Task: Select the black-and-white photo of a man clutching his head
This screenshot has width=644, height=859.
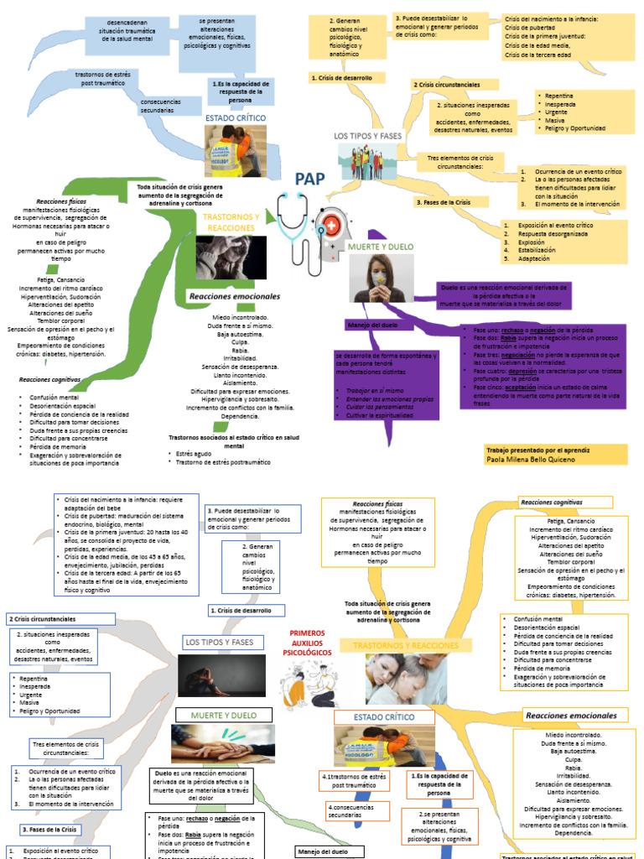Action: click(x=231, y=258)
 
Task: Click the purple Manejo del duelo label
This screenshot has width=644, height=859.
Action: click(x=371, y=325)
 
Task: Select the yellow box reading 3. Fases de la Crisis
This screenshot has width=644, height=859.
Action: click(x=444, y=203)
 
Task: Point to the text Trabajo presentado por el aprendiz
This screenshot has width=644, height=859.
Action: click(x=537, y=450)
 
